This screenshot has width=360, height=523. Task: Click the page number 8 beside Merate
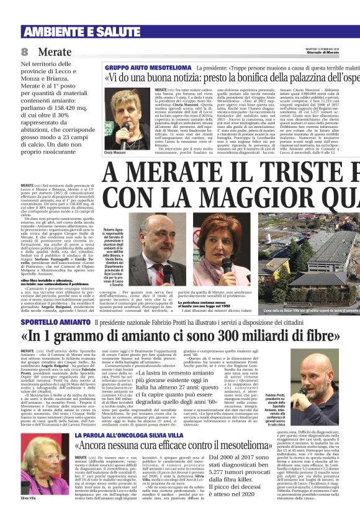click(x=24, y=52)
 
